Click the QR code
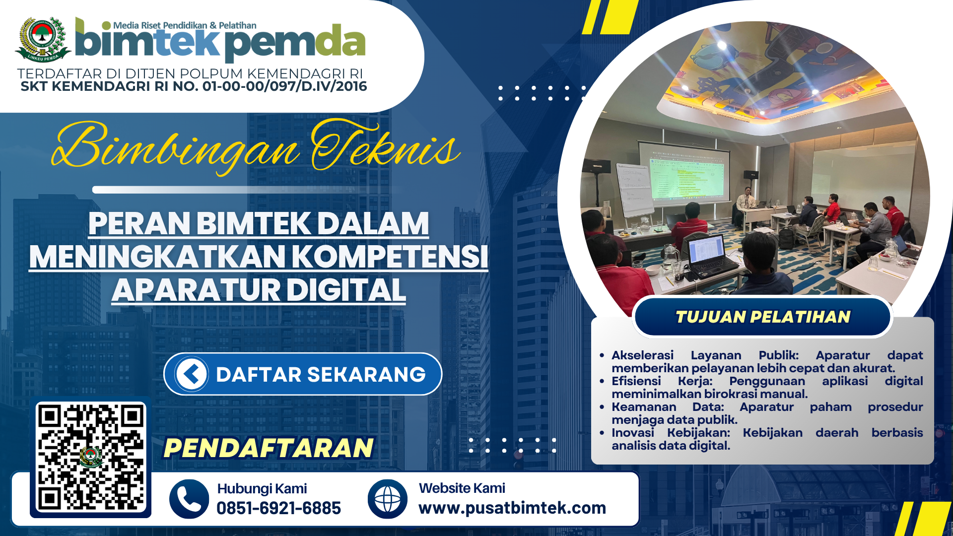pyautogui.click(x=91, y=458)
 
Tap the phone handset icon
pyautogui.click(x=189, y=499)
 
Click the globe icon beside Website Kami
pyautogui.click(x=388, y=499)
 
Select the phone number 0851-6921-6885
pyautogui.click(x=278, y=508)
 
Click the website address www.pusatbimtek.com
pyautogui.click(x=512, y=508)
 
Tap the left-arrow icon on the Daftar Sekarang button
pyautogui.click(x=192, y=374)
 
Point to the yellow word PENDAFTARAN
pyautogui.click(x=269, y=448)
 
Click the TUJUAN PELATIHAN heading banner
pyautogui.click(x=763, y=317)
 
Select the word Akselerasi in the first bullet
pyautogui.click(x=642, y=355)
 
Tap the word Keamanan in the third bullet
pyautogui.click(x=644, y=407)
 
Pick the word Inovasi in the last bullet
pyautogui.click(x=633, y=433)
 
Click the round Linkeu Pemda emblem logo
pyautogui.click(x=43, y=40)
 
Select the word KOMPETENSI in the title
pyautogui.click(x=390, y=257)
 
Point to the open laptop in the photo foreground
pyautogui.click(x=710, y=256)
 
